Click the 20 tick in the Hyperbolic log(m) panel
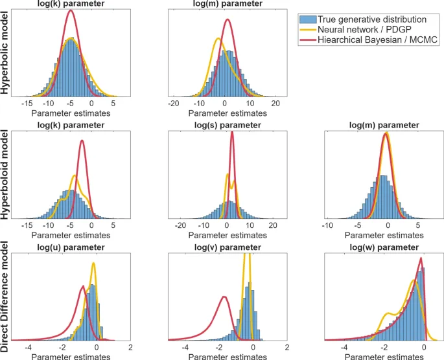pyautogui.click(x=275, y=104)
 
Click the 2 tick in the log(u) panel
pyautogui.click(x=131, y=347)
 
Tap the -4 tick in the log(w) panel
pyautogui.click(x=342, y=347)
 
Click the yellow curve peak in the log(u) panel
pyautogui.click(x=94, y=263)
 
